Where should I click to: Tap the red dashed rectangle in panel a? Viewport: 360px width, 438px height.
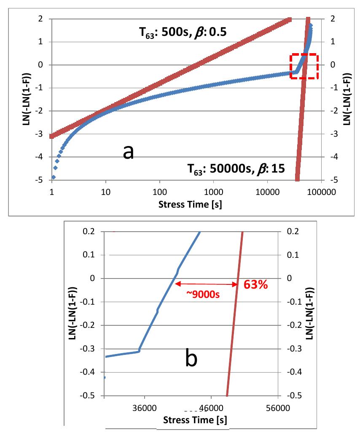point(304,66)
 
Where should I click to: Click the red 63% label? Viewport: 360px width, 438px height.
point(256,285)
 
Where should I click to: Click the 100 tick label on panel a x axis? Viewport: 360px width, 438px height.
point(159,192)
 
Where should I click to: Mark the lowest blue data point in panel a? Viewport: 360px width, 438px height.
point(54,177)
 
